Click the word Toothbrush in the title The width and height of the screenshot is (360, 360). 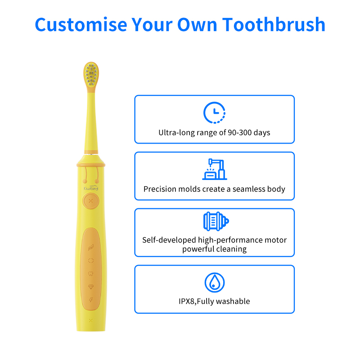(x=274, y=24)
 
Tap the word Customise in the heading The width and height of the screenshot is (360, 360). (x=81, y=24)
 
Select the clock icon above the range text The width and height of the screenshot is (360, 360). (x=215, y=113)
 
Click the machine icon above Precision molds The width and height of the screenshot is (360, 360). (x=215, y=169)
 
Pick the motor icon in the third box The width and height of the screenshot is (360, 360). (x=216, y=221)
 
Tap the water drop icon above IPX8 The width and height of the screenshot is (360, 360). (x=215, y=283)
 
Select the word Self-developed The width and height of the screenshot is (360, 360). (x=169, y=240)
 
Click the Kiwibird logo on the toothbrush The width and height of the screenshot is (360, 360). (x=91, y=188)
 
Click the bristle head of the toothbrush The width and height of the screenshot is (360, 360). (x=91, y=75)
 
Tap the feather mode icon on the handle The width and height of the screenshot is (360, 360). (x=91, y=247)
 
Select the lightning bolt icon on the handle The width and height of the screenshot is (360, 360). (x=91, y=300)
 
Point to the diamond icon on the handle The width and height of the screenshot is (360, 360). (x=91, y=287)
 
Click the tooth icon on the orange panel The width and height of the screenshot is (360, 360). (x=91, y=274)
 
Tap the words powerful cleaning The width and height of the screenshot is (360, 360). (x=215, y=249)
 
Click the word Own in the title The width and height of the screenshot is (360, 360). (x=197, y=24)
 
